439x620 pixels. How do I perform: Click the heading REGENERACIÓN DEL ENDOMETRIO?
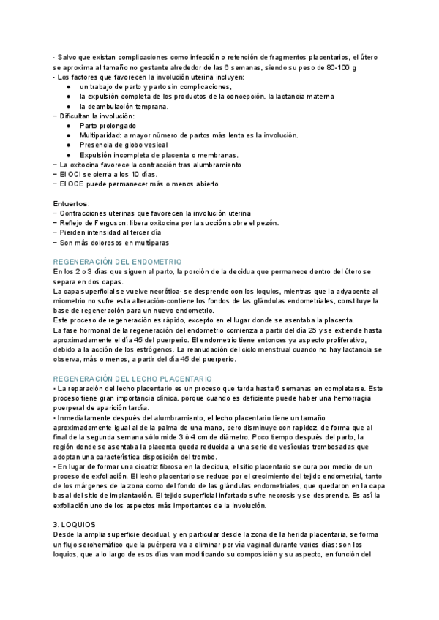click(x=117, y=261)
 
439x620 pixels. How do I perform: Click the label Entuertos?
click(x=72, y=203)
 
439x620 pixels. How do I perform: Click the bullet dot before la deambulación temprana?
click(x=68, y=106)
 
